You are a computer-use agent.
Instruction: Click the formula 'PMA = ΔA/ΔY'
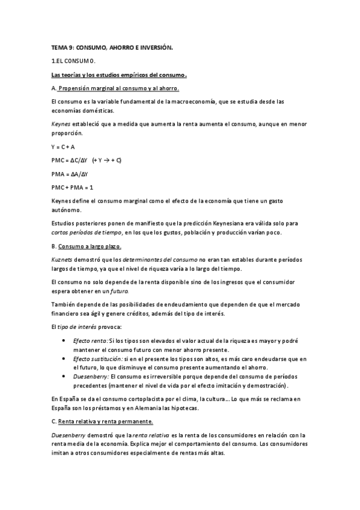tap(70, 174)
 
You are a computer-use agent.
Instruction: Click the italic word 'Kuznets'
tap(63, 259)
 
